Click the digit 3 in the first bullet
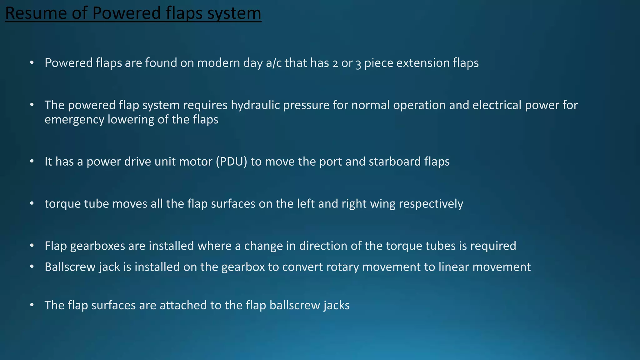358,63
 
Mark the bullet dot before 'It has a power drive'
32,162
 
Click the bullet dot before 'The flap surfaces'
32,305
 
